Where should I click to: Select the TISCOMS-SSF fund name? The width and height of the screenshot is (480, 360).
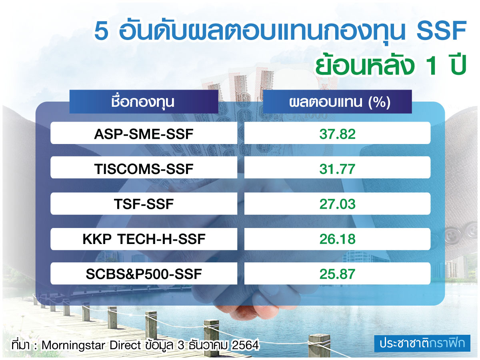click(144, 169)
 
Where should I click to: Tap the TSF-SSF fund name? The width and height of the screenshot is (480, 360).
click(144, 204)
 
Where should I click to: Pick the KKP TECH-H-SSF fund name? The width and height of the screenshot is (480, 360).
click(144, 239)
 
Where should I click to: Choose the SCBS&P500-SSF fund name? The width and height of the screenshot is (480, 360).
click(144, 274)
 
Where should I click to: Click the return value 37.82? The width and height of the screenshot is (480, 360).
click(337, 134)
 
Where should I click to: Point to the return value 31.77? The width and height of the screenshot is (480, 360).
click(337, 169)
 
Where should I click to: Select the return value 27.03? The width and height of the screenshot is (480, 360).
click(337, 204)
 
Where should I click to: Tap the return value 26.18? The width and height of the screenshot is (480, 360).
click(337, 239)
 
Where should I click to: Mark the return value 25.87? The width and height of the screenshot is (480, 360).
click(337, 274)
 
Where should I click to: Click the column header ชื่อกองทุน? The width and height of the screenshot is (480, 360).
click(144, 102)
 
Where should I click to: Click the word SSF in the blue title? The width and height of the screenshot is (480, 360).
click(441, 32)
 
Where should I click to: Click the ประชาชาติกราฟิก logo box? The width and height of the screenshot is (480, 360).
click(422, 343)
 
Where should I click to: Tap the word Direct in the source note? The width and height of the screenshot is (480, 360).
click(125, 345)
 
